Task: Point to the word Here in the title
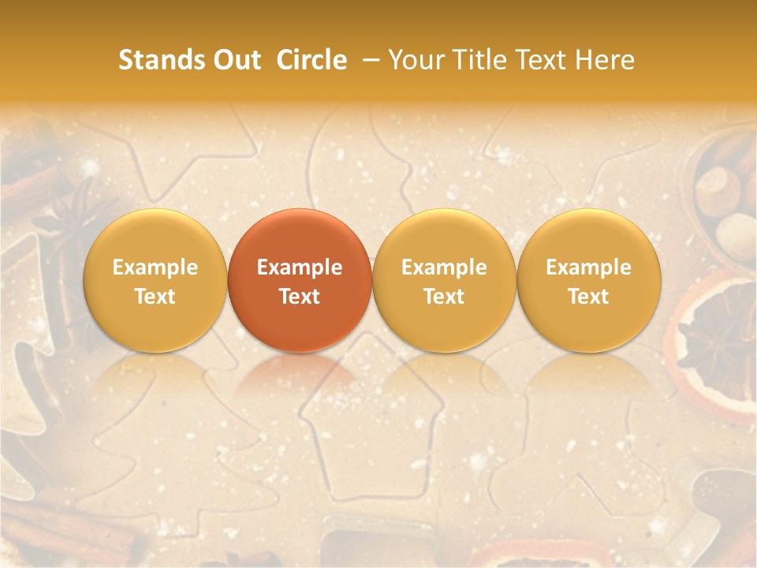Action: click(605, 60)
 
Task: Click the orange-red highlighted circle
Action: click(300, 280)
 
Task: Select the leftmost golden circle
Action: click(155, 280)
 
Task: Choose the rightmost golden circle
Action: click(588, 280)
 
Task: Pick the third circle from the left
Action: click(444, 280)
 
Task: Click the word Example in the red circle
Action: click(300, 267)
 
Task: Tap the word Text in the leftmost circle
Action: click(155, 297)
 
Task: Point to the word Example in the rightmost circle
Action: click(588, 267)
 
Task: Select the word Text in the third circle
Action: click(444, 297)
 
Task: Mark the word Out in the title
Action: click(236, 60)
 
